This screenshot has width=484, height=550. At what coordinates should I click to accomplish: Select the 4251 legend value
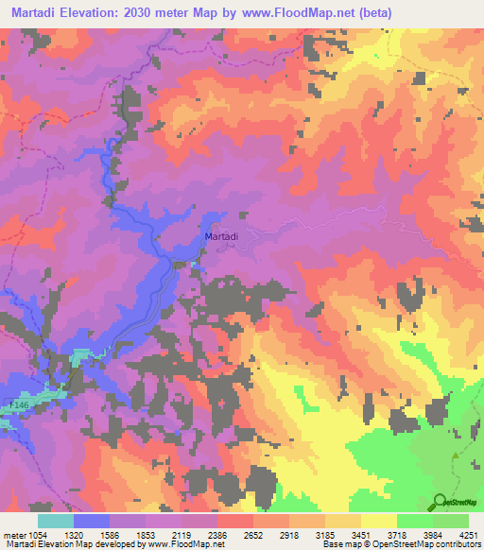click(467, 535)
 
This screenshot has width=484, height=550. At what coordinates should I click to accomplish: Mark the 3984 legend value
click(433, 535)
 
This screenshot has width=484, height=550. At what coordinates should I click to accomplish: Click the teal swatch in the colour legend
click(56, 521)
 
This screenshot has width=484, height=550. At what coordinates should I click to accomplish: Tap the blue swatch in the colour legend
click(92, 521)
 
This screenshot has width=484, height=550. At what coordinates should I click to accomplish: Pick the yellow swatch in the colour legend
click(379, 521)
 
